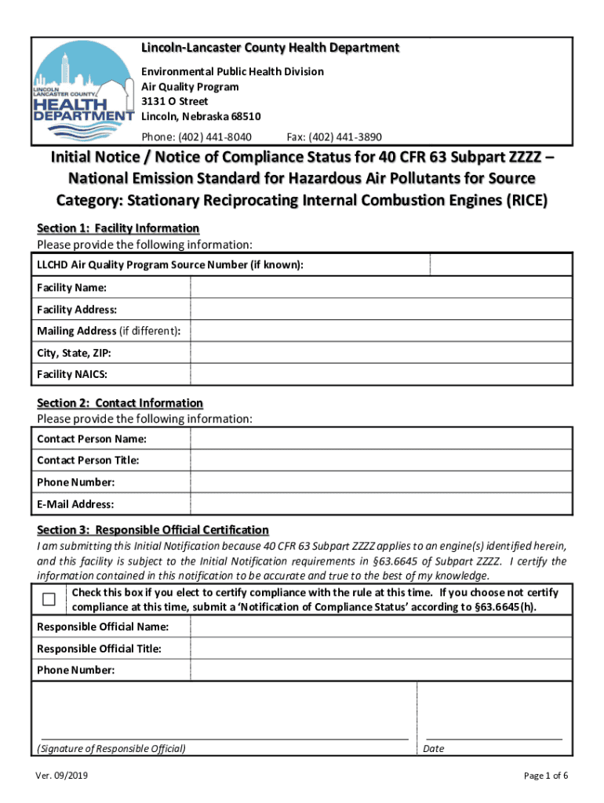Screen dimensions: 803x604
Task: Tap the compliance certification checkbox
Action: (49, 600)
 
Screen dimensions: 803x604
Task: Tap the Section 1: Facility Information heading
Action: (118, 228)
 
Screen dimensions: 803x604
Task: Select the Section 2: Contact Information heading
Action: (120, 403)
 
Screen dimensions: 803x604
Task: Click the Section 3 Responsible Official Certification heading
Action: (153, 530)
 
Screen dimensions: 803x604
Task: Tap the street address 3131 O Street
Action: (175, 102)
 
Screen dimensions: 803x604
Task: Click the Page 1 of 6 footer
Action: (545, 776)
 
